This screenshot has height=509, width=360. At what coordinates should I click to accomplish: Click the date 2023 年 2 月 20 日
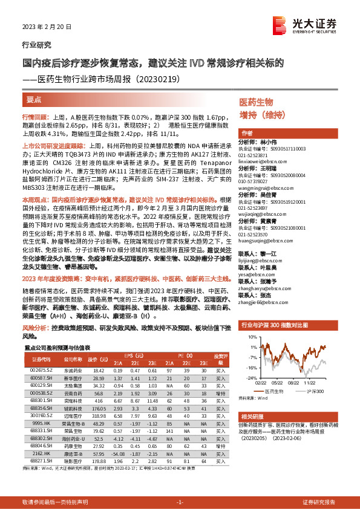(x=47, y=27)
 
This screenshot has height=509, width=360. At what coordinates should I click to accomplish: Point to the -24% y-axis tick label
(x=245, y=377)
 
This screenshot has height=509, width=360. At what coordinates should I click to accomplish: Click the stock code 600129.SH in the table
(x=41, y=384)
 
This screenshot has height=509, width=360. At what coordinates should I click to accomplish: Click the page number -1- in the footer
(x=179, y=502)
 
